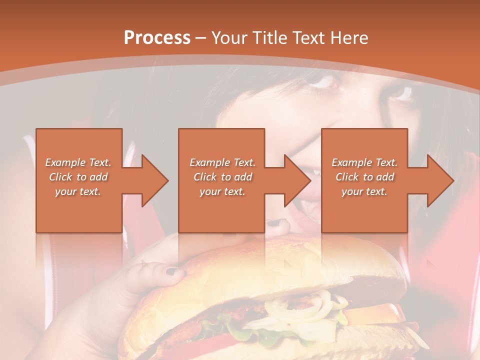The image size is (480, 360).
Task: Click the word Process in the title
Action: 156,38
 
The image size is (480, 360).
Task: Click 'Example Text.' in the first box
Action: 78,162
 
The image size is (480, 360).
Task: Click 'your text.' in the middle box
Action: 222,191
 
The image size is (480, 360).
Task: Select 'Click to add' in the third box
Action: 364,177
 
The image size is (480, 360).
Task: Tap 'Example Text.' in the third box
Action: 364,162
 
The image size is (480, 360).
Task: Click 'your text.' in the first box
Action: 78,191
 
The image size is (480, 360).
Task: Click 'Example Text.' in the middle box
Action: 222,162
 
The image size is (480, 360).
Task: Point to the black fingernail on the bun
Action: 172,271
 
